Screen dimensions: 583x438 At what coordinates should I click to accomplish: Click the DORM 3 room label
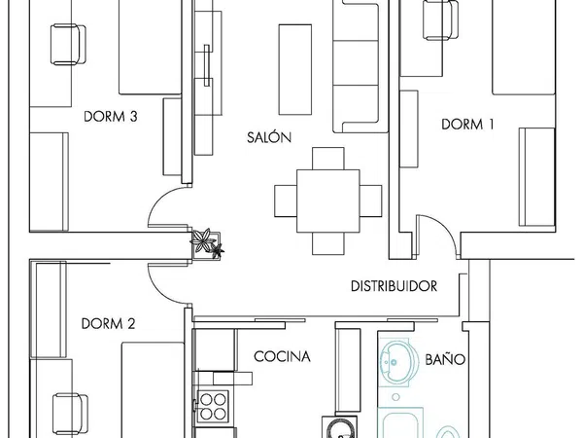coord(111,117)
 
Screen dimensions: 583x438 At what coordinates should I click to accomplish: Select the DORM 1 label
coord(467,124)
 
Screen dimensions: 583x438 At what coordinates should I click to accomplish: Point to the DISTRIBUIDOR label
coord(394,286)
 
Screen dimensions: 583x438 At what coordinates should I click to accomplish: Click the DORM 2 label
coord(108,324)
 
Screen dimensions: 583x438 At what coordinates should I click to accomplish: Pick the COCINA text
coord(282,356)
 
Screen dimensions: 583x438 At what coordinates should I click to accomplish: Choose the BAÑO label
coord(445,358)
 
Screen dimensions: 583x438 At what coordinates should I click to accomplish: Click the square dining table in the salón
coord(328,201)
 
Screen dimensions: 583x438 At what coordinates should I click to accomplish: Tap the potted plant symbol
coord(207,243)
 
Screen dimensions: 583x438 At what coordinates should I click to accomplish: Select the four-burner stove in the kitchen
coord(212,406)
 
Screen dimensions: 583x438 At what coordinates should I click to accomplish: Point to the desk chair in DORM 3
coord(68,45)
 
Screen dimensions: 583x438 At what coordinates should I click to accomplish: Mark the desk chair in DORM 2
coord(70,414)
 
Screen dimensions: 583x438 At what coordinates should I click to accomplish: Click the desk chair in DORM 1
coord(440,19)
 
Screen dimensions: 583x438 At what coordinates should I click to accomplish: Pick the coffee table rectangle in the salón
coord(295,70)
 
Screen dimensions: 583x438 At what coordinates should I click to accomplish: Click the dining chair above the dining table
coord(328,159)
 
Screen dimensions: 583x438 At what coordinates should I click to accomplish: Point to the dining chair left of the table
coord(286,201)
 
